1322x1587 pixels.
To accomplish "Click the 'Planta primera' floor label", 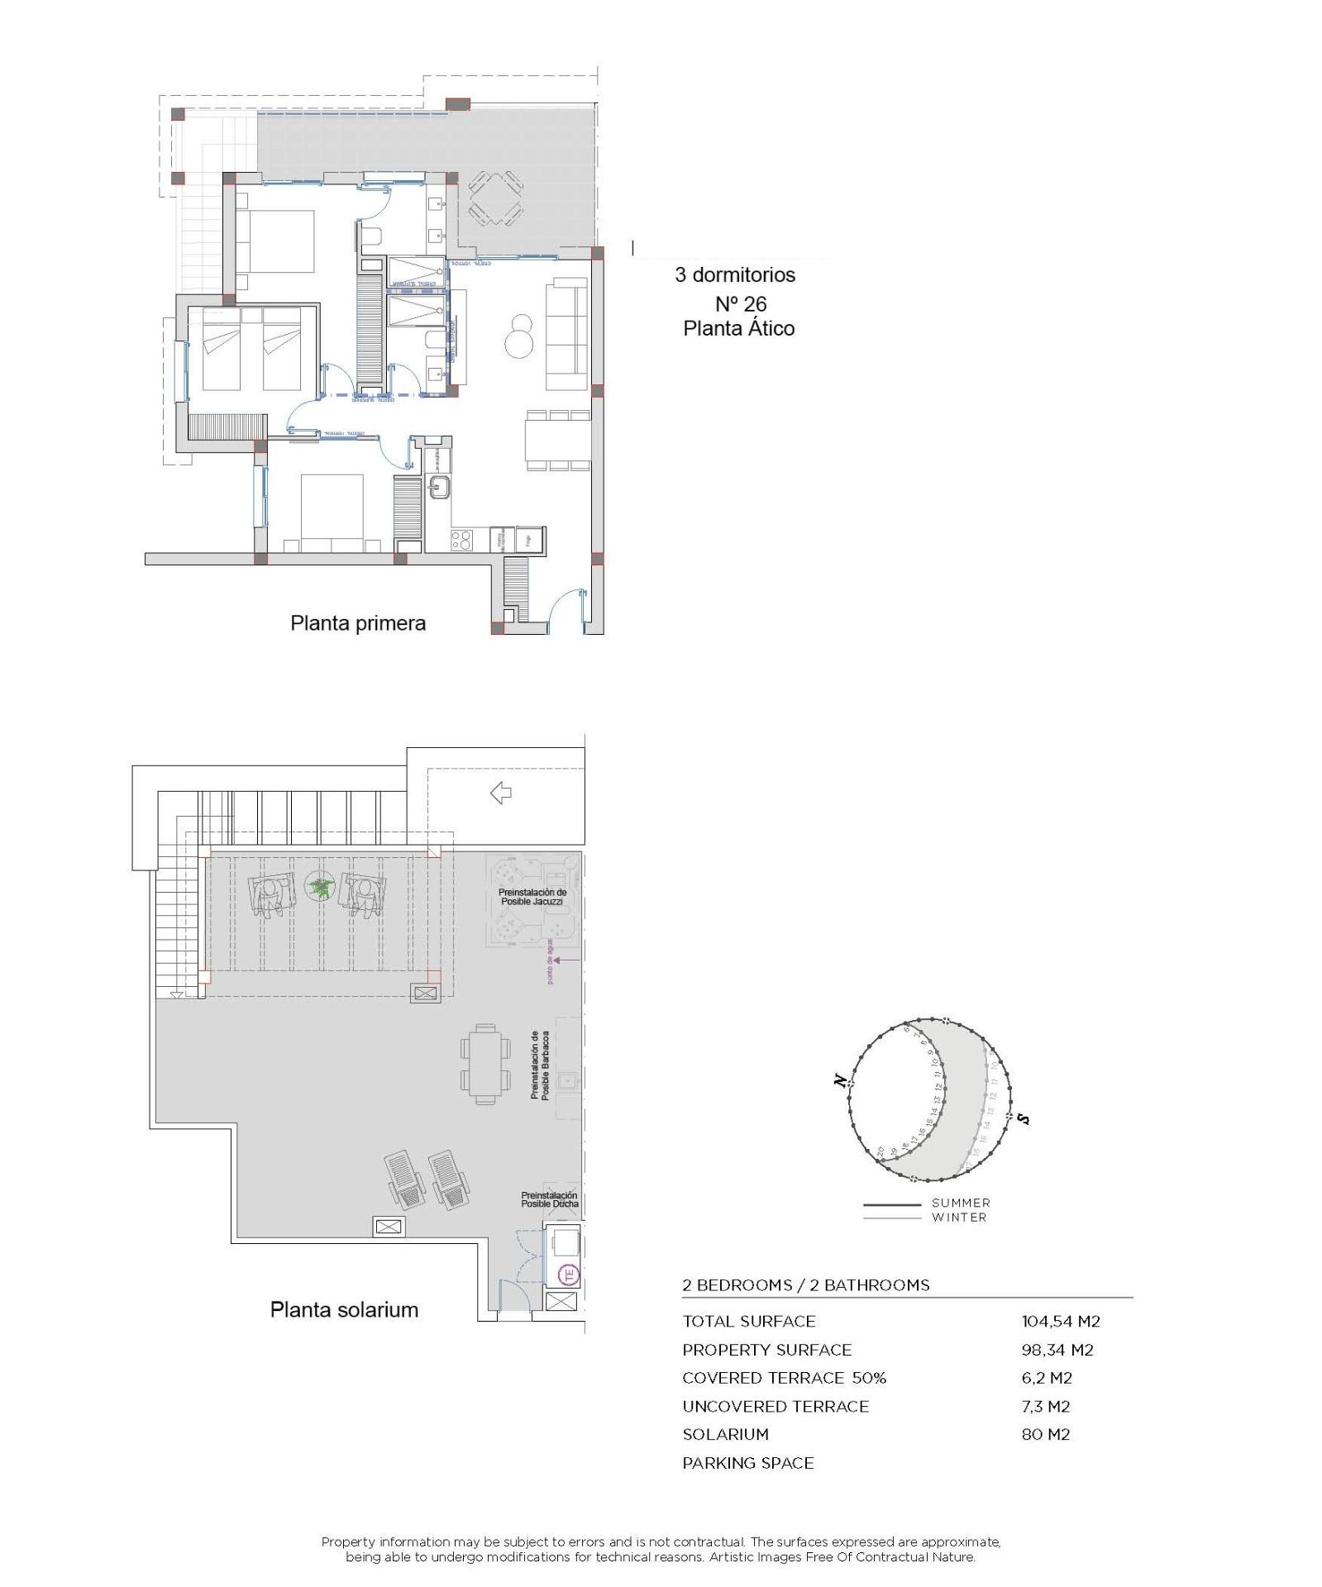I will click(357, 623).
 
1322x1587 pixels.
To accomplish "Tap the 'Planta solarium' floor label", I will click(344, 1309).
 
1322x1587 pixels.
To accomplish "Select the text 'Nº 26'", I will click(740, 303).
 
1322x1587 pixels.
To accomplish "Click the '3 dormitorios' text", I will click(734, 275).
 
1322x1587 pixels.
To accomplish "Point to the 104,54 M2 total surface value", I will click(1060, 1321).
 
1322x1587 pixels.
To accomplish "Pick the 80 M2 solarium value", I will click(1045, 1434).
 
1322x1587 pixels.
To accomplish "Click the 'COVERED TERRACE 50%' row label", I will click(783, 1378).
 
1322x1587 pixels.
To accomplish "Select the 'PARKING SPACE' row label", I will click(747, 1463).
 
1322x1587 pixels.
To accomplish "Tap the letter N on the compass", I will click(841, 1080).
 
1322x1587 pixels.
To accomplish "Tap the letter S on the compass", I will click(1024, 1119).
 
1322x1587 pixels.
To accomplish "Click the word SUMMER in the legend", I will click(960, 1203).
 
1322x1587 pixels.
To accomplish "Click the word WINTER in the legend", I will click(958, 1217).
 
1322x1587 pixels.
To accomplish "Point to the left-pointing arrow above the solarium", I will click(500, 793).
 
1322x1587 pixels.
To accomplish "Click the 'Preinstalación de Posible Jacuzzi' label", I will click(532, 897).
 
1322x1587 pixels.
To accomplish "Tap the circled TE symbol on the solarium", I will click(569, 1275).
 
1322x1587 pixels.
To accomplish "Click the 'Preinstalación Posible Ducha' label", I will click(548, 1199).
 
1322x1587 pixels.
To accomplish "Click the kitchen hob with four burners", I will click(461, 540).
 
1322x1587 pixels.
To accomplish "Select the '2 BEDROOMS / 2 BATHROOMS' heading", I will click(805, 1285).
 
